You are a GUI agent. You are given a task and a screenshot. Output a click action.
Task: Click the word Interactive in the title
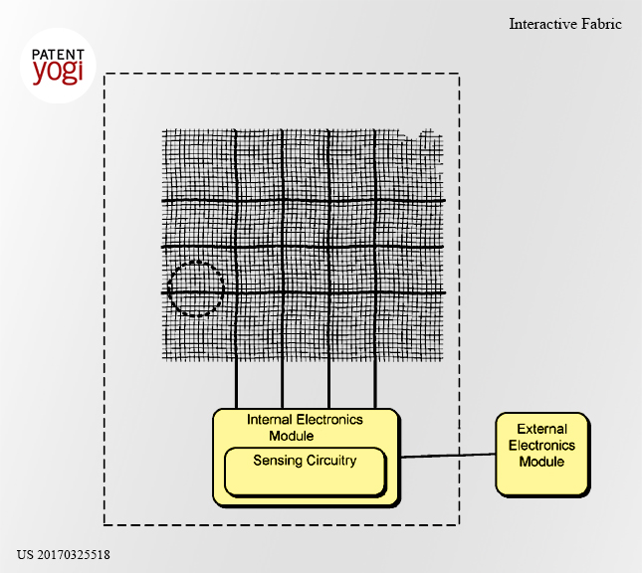pos(542,24)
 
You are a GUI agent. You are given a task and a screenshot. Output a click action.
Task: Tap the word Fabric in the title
pos(601,24)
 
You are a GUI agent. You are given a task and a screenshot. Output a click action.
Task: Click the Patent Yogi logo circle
pos(58,66)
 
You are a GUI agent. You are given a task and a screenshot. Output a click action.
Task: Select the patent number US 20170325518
pos(64,555)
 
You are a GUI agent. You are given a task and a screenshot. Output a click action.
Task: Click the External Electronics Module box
pos(542,455)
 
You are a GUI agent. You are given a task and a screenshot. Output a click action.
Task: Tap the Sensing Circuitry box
pos(306,473)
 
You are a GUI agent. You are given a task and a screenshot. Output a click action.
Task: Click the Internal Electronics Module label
pos(305,428)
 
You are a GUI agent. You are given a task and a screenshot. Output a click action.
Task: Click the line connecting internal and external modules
pos(448,456)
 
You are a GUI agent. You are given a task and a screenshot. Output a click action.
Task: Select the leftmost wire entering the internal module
pos(236,385)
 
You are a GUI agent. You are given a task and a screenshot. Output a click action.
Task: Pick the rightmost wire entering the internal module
pos(375,385)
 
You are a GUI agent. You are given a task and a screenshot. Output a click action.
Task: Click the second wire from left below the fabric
pos(283,385)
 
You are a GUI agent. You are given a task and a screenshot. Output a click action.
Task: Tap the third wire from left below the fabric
pos(328,385)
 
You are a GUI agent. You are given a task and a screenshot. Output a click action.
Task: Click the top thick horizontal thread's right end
pos(445,201)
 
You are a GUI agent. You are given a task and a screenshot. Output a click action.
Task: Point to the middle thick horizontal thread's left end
pos(162,247)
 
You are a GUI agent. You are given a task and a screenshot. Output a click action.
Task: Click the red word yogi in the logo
pos(58,72)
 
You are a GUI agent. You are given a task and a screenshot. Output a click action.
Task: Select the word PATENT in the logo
pos(58,55)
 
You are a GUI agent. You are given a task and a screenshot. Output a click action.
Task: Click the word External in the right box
pos(541,429)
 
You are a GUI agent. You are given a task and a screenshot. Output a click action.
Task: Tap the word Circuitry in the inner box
pos(330,461)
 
